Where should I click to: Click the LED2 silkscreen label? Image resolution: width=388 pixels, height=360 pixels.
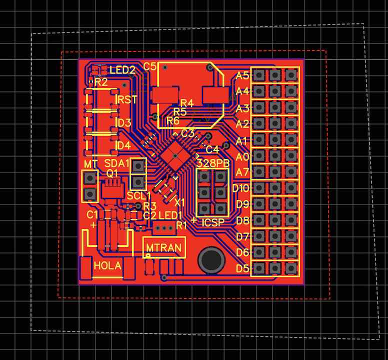pyautogui.click(x=122, y=70)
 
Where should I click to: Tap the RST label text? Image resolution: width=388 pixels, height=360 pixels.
pyautogui.click(x=127, y=99)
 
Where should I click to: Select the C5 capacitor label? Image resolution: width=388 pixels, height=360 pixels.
pyautogui.click(x=149, y=66)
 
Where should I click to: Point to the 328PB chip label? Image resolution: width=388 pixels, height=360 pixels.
pyautogui.click(x=213, y=163)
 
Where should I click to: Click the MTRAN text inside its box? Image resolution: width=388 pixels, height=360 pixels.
pyautogui.click(x=164, y=247)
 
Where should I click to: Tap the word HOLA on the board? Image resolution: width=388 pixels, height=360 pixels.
pyautogui.click(x=107, y=265)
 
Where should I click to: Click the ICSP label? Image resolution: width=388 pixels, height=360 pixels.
pyautogui.click(x=213, y=222)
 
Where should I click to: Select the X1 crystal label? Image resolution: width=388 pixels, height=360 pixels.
pyautogui.click(x=179, y=203)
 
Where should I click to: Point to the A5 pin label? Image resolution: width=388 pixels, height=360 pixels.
pyautogui.click(x=242, y=75)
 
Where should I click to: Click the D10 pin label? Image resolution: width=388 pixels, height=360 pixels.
pyautogui.click(x=240, y=188)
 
